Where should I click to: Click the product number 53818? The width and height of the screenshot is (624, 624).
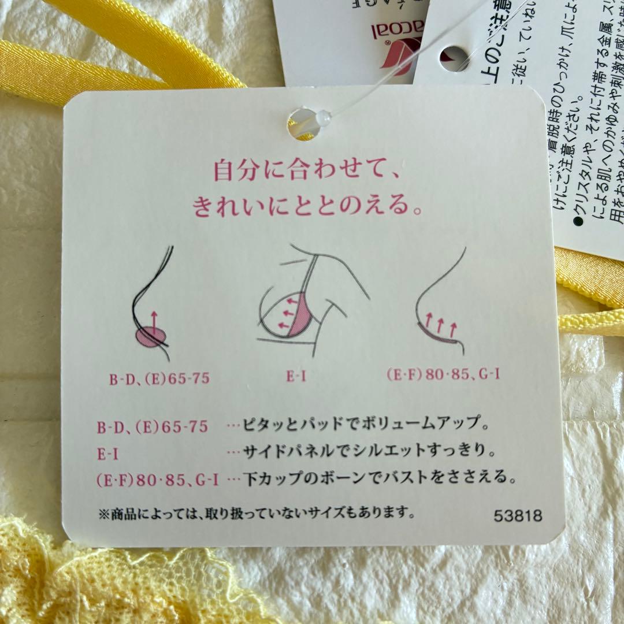pyautogui.click(x=518, y=516)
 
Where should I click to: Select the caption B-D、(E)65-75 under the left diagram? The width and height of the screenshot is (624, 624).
pyautogui.click(x=159, y=380)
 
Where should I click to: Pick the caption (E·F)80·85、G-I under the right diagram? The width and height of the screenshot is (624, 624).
pyautogui.click(x=443, y=374)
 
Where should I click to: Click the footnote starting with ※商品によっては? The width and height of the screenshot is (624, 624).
pyautogui.click(x=257, y=512)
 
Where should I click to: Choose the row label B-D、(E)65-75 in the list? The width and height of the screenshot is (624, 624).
pyautogui.click(x=153, y=426)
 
